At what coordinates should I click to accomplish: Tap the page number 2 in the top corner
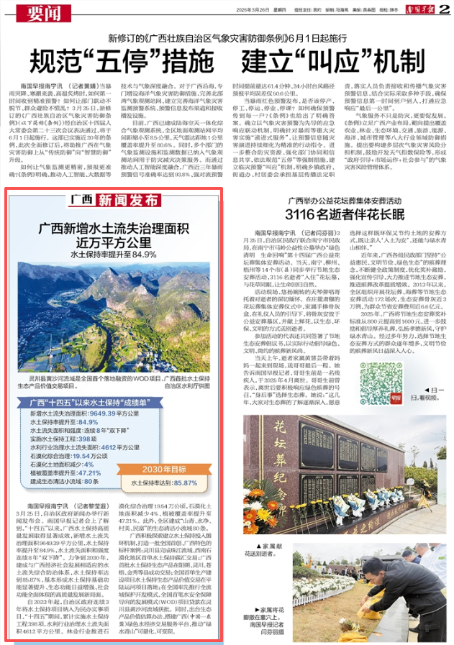click(x=445, y=8)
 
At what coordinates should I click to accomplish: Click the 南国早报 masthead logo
click(x=420, y=8)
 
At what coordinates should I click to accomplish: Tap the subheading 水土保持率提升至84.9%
click(x=114, y=254)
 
